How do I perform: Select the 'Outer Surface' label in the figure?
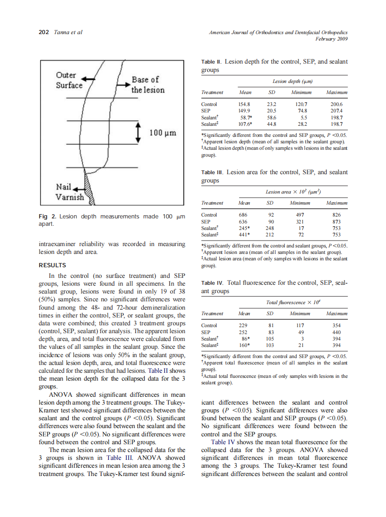[69, 80]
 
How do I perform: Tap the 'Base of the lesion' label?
[147, 85]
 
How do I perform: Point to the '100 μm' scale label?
[163, 133]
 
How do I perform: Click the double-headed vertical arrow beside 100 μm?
[137, 133]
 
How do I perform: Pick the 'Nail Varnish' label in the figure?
[69, 192]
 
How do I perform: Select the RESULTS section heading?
[52, 265]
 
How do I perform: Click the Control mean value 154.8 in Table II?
[245, 105]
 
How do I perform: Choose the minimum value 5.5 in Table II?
[301, 117]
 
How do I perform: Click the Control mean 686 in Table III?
[243, 215]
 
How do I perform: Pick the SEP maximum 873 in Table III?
[336, 221]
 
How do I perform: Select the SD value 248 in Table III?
[270, 228]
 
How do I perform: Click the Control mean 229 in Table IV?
[243, 325]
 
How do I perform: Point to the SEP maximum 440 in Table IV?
[336, 332]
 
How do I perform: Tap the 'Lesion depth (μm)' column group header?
[292, 81]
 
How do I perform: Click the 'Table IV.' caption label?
[212, 283]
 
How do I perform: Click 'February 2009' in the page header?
[331, 39]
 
